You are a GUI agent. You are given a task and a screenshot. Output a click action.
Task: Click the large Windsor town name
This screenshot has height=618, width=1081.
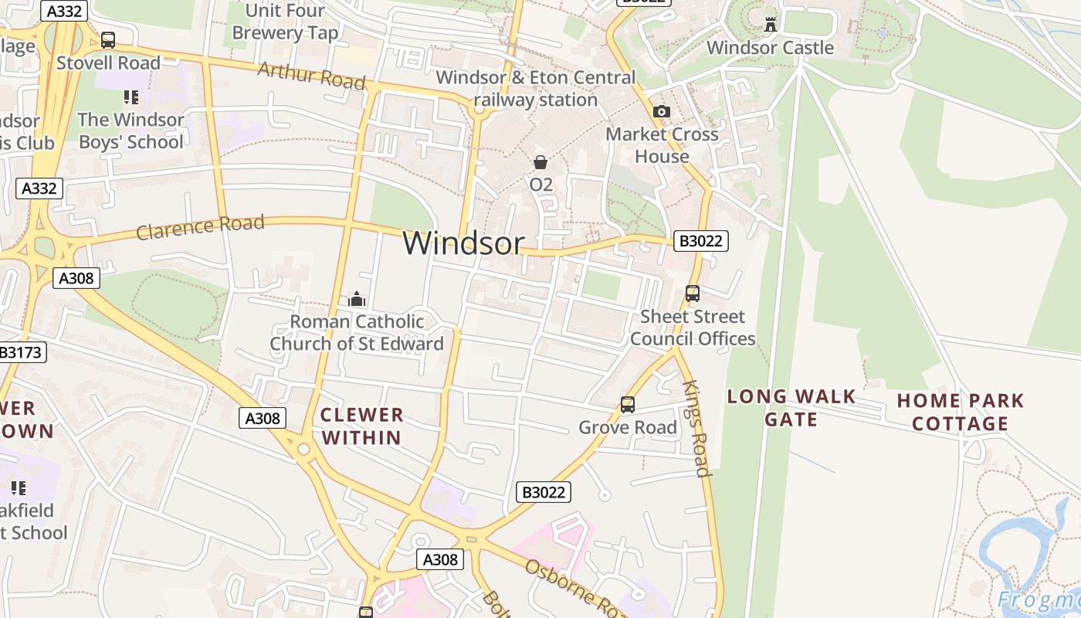pyautogui.click(x=463, y=243)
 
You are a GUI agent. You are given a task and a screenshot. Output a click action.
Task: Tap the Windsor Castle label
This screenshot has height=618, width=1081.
pyautogui.click(x=770, y=48)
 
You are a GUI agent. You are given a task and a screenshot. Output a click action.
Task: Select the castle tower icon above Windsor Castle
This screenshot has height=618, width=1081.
pyautogui.click(x=770, y=24)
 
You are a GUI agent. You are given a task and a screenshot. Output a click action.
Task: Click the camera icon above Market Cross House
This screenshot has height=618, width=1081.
pyautogui.click(x=661, y=112)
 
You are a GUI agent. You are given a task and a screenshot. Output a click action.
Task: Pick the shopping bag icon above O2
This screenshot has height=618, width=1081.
pyautogui.click(x=540, y=162)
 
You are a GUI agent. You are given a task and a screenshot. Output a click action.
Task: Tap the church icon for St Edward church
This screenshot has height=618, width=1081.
pyautogui.click(x=357, y=299)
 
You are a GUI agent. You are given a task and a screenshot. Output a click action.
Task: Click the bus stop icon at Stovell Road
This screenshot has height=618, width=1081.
pyautogui.click(x=108, y=40)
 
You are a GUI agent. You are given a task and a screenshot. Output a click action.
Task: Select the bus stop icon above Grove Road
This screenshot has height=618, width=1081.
pyautogui.click(x=628, y=405)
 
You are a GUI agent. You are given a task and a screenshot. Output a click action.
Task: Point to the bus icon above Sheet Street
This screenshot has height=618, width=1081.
pyautogui.click(x=693, y=294)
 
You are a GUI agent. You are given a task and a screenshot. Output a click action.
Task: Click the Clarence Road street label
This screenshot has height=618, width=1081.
pyautogui.click(x=200, y=227)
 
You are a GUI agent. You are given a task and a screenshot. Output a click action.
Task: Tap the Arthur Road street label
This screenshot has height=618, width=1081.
pyautogui.click(x=311, y=76)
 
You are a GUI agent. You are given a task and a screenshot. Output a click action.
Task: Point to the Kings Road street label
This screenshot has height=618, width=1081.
pyautogui.click(x=695, y=428)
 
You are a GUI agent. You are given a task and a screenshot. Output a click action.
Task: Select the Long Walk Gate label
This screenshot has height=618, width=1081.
pyautogui.click(x=791, y=408)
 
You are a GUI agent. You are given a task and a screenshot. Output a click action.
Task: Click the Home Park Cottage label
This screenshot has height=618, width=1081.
pyautogui.click(x=960, y=412)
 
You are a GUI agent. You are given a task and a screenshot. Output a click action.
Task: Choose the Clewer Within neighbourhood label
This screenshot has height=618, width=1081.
pyautogui.click(x=362, y=426)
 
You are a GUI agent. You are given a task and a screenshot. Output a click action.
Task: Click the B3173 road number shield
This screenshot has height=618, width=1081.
pyautogui.click(x=21, y=353)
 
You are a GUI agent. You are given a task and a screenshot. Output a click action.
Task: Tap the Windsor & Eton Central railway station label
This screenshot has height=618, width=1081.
pyautogui.click(x=536, y=89)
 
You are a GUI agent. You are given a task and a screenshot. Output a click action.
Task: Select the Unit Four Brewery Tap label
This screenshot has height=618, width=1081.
pyautogui.click(x=285, y=22)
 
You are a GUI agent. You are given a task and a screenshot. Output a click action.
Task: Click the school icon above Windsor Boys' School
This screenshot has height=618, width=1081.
pyautogui.click(x=130, y=97)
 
